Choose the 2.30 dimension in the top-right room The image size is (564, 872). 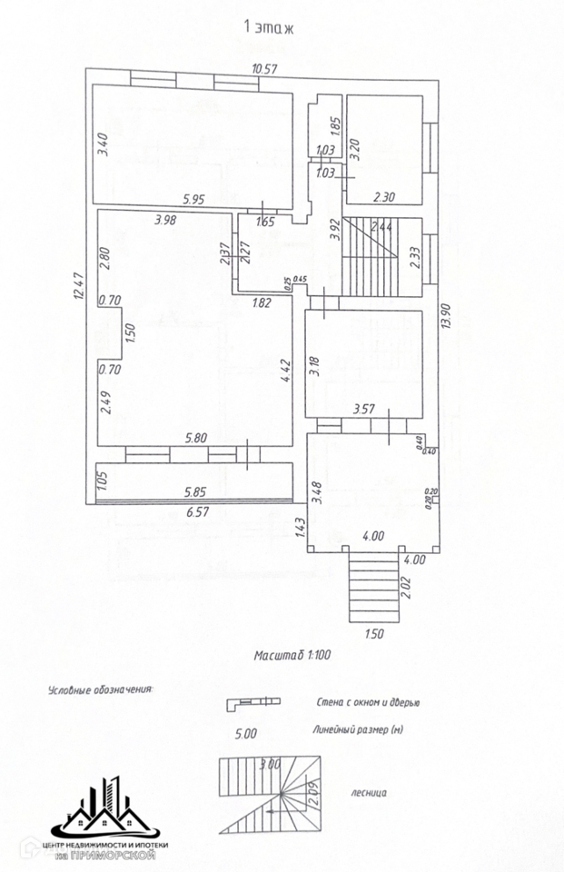tap(385, 196)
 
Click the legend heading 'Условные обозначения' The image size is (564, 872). tap(99, 690)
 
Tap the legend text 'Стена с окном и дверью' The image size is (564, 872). tap(368, 702)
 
